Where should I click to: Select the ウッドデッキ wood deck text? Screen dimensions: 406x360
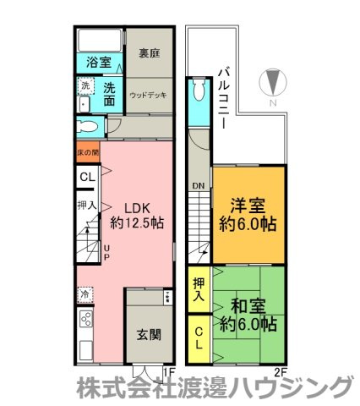pos(150,95)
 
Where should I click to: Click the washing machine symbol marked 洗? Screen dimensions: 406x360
pos(85,85)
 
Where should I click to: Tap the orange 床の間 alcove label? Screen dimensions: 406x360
pos(88,153)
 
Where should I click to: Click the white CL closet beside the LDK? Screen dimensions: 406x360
pos(87,178)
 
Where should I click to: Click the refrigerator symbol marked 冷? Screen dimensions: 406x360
pos(85,294)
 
